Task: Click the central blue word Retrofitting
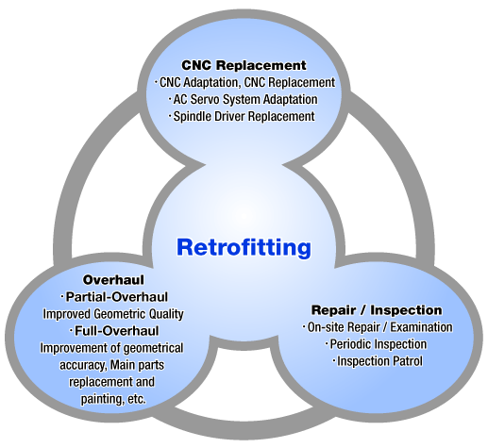(x=244, y=248)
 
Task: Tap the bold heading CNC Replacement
(x=244, y=65)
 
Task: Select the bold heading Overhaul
(x=113, y=280)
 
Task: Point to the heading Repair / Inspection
(x=377, y=310)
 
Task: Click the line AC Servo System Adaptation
(x=244, y=99)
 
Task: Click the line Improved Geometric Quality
(x=113, y=314)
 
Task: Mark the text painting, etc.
(x=113, y=399)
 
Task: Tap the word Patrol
(x=407, y=361)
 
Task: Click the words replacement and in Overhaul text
(x=111, y=382)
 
